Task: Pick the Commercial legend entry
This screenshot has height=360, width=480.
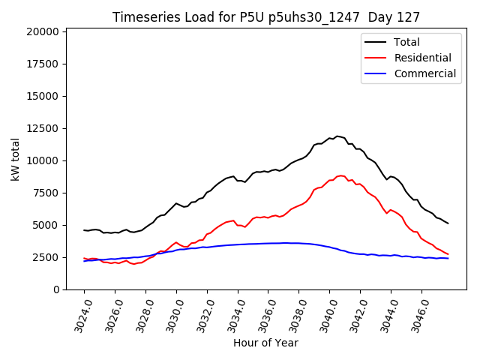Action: pyautogui.click(x=424, y=73)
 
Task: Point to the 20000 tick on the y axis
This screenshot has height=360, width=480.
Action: pyautogui.click(x=42, y=31)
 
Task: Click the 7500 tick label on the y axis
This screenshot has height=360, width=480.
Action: pyautogui.click(x=45, y=193)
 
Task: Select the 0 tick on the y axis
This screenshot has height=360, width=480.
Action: pyautogui.click(x=55, y=289)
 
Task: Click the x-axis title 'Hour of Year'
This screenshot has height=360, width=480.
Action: pyautogui.click(x=265, y=343)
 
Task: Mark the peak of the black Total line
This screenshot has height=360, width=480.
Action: pyautogui.click(x=337, y=136)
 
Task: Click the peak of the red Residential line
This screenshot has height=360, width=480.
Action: pyautogui.click(x=340, y=175)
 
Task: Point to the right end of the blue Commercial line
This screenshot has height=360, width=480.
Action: pyautogui.click(x=448, y=258)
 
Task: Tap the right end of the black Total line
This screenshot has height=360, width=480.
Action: pyautogui.click(x=448, y=223)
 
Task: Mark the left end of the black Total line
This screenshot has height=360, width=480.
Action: pyautogui.click(x=84, y=230)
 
